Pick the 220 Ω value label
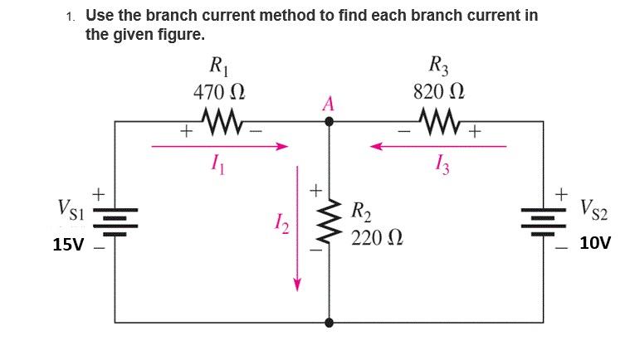(378, 240)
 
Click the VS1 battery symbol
(114, 218)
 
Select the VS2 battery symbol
(544, 218)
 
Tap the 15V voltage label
(69, 246)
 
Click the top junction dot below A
(330, 122)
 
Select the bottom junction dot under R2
(330, 322)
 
